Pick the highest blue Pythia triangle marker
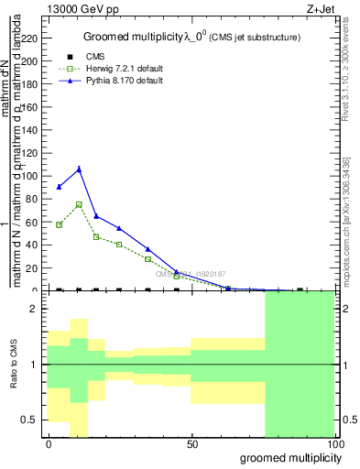pos(79,169)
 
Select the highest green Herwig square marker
pos(79,204)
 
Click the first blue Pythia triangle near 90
pos(60,187)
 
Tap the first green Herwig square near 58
pos(60,224)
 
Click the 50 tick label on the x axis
pos(191,445)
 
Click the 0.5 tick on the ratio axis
pos(34,420)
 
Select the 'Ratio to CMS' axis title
pos(12,365)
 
